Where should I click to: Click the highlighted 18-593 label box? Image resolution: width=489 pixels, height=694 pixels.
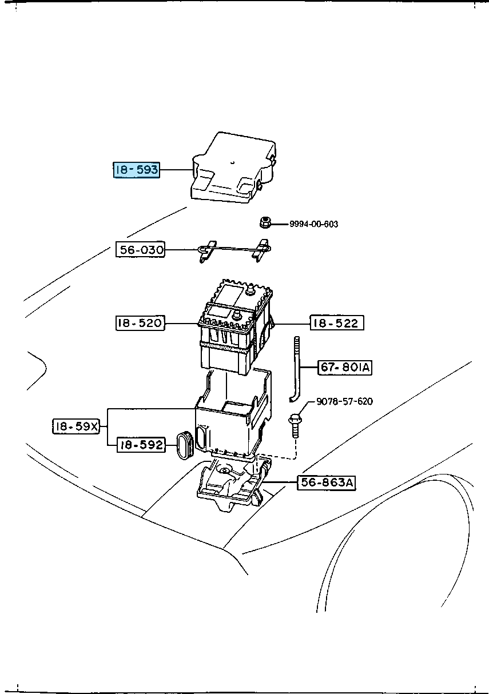(x=136, y=170)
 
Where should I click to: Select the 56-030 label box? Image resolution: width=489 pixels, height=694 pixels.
(x=141, y=250)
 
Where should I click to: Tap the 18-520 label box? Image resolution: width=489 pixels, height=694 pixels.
(x=140, y=324)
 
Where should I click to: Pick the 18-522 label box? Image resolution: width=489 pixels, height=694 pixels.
(x=337, y=324)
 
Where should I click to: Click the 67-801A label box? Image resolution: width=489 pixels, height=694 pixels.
(x=345, y=368)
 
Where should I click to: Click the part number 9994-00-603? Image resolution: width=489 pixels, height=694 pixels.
(x=313, y=224)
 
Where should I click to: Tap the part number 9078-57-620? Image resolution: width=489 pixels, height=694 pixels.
(x=344, y=401)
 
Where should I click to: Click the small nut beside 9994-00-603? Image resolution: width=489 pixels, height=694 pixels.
(x=265, y=222)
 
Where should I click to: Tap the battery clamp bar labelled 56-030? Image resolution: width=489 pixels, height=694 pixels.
(x=234, y=250)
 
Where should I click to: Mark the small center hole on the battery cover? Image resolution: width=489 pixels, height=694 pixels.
(x=233, y=162)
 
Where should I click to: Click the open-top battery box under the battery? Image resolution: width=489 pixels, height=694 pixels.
(x=229, y=423)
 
